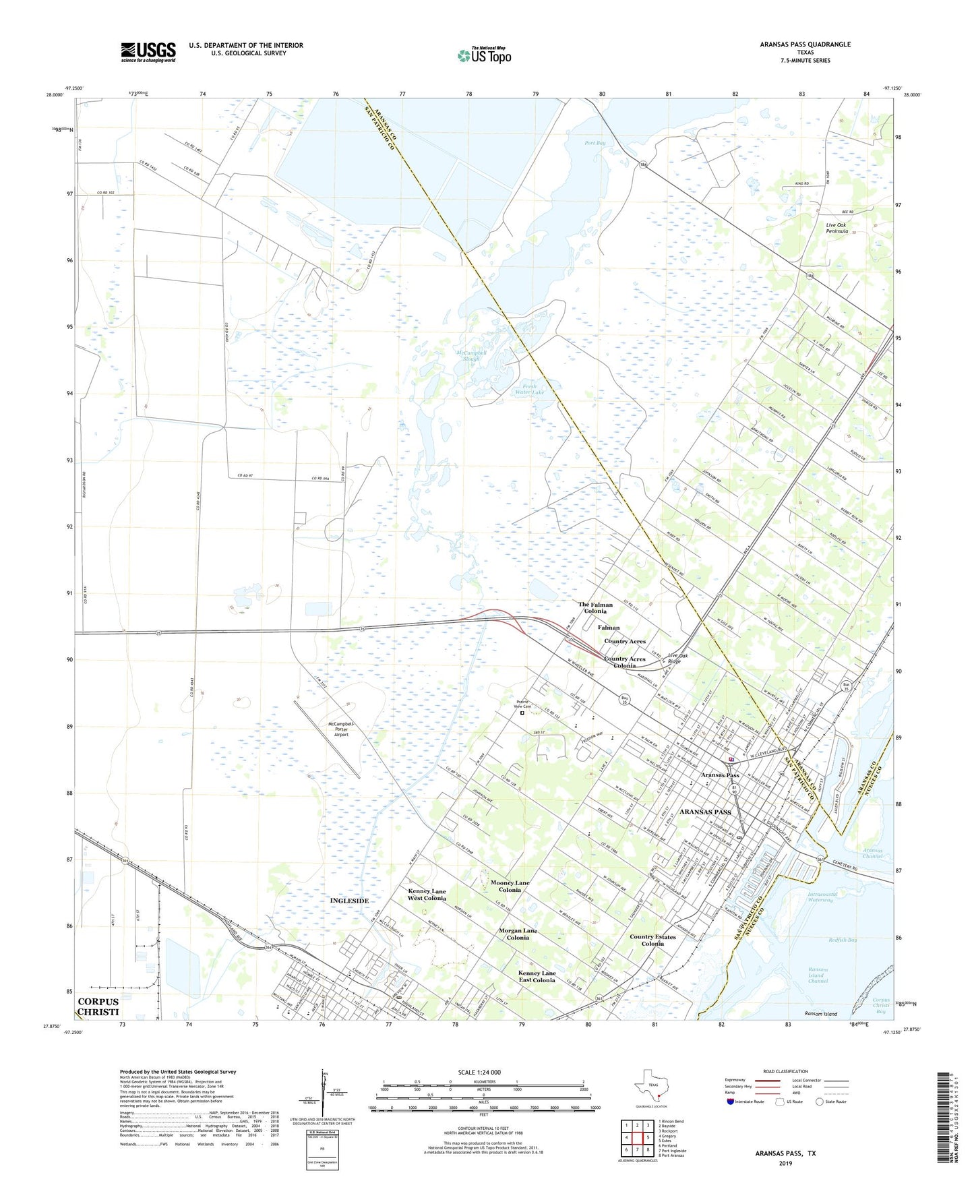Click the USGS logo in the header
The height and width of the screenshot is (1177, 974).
(148, 51)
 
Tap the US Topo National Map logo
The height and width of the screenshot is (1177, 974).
(483, 55)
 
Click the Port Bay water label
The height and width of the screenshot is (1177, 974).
(595, 143)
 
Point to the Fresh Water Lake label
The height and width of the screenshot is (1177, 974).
(529, 389)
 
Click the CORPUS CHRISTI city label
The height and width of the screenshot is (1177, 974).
(98, 1007)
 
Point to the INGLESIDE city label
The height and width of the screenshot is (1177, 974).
(349, 901)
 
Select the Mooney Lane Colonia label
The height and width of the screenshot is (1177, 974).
(510, 886)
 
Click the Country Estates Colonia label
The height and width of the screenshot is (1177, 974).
(652, 940)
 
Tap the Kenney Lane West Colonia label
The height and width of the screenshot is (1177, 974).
(427, 894)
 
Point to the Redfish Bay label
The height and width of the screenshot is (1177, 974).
(843, 940)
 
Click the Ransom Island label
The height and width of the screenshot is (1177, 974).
(820, 1014)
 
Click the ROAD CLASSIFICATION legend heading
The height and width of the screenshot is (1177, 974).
(785, 1071)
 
